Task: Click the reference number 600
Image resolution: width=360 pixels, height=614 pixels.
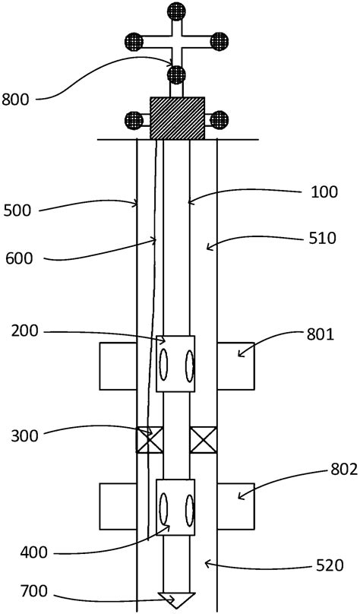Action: coord(18,258)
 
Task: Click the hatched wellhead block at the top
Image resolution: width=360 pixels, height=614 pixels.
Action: coord(177,118)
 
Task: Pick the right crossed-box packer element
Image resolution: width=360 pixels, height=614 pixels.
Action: coord(203,440)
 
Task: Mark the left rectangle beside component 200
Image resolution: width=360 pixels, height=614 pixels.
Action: coord(118,366)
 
